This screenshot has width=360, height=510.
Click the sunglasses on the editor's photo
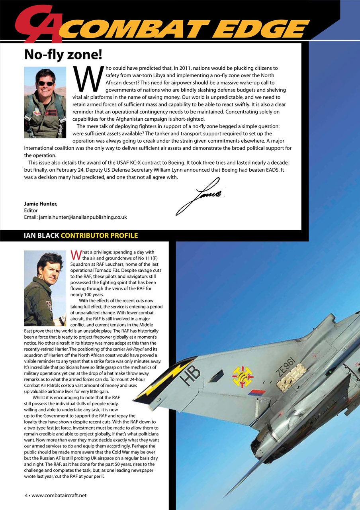click(45, 84)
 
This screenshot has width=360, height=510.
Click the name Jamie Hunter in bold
click(41, 204)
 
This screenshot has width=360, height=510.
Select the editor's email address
click(83, 217)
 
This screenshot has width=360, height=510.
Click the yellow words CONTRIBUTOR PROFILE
click(99, 235)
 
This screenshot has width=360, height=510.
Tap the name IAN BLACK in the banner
click(41, 235)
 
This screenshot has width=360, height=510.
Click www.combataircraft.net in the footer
click(59, 495)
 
